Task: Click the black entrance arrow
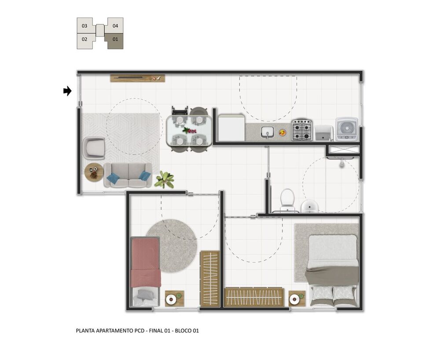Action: click(67, 91)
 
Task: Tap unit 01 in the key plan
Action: click(115, 40)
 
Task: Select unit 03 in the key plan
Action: click(85, 26)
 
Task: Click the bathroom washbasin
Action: click(309, 206)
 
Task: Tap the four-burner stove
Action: click(302, 130)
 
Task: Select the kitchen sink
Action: click(268, 132)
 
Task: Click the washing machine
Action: click(347, 129)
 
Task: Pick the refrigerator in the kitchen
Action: click(231, 127)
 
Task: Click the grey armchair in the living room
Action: click(94, 148)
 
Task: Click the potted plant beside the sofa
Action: click(165, 179)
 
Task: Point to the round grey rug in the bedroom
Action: click(172, 246)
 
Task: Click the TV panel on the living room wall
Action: click(137, 78)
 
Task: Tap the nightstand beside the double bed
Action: click(297, 298)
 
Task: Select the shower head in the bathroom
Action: click(341, 164)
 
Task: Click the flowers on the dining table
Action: click(189, 131)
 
